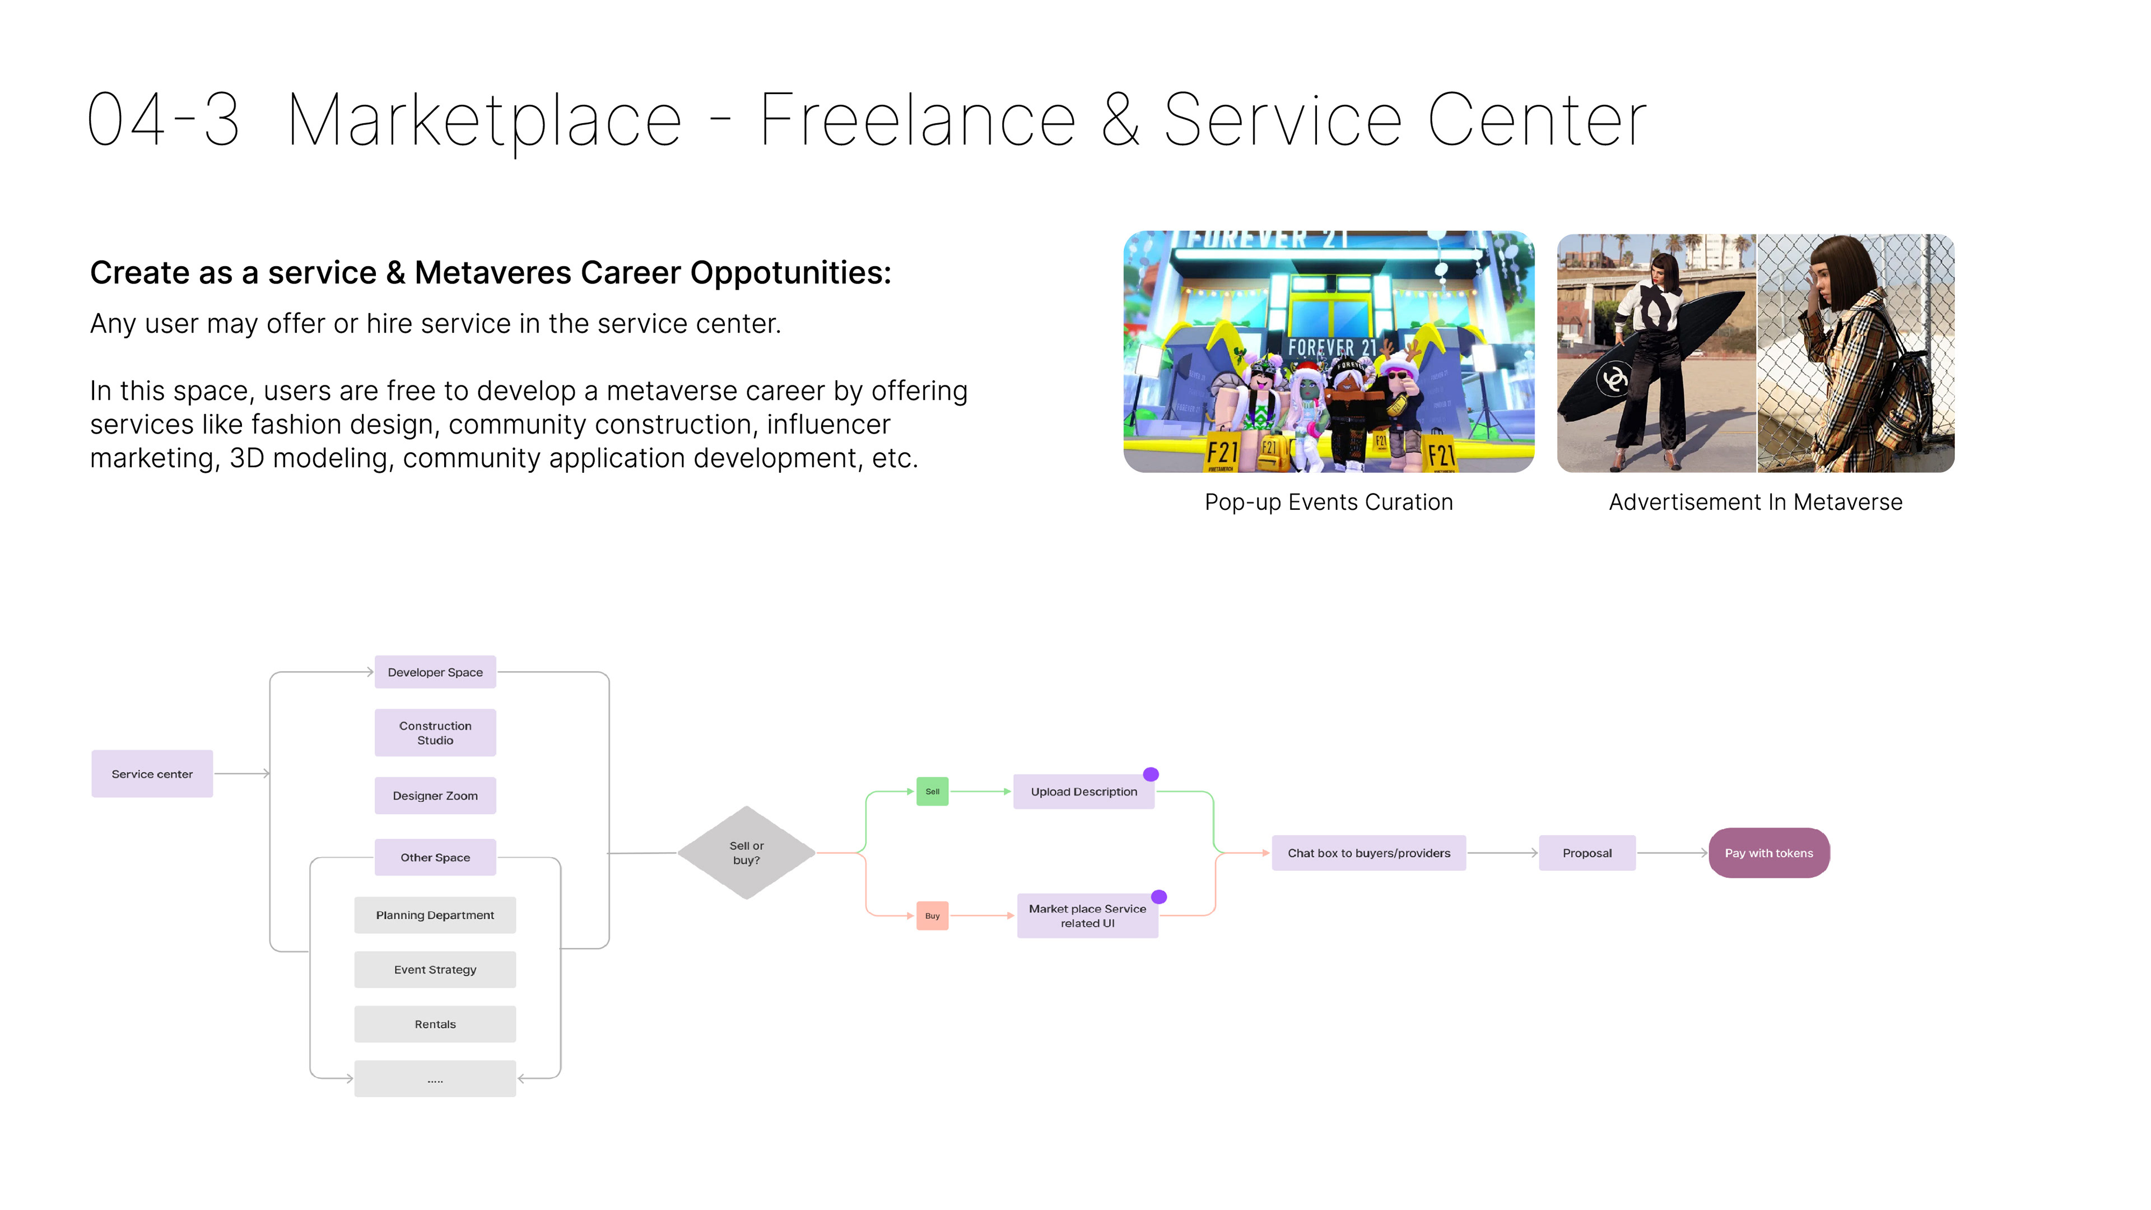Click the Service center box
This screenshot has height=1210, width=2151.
tap(152, 774)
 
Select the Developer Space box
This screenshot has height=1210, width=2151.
tap(435, 672)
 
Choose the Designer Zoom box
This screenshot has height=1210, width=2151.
tap(435, 796)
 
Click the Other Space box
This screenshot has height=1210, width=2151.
tap(435, 858)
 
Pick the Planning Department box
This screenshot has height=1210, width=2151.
tap(435, 915)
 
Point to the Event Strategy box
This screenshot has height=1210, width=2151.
tap(435, 970)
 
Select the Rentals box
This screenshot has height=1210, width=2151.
tap(435, 1025)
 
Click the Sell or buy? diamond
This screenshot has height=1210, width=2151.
tap(747, 853)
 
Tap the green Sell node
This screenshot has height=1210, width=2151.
tap(932, 792)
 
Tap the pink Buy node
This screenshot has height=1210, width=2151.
tap(932, 916)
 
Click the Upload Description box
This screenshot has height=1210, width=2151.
tap(1083, 792)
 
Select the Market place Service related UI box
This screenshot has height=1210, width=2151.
tap(1087, 916)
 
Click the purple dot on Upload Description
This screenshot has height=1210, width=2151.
tap(1151, 774)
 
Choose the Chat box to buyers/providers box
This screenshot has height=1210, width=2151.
tap(1368, 853)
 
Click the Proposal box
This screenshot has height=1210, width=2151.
tap(1586, 853)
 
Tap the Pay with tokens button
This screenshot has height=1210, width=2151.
tap(1768, 853)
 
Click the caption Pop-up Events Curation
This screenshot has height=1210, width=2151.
tap(1329, 502)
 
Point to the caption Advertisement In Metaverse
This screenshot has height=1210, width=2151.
tap(1755, 502)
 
